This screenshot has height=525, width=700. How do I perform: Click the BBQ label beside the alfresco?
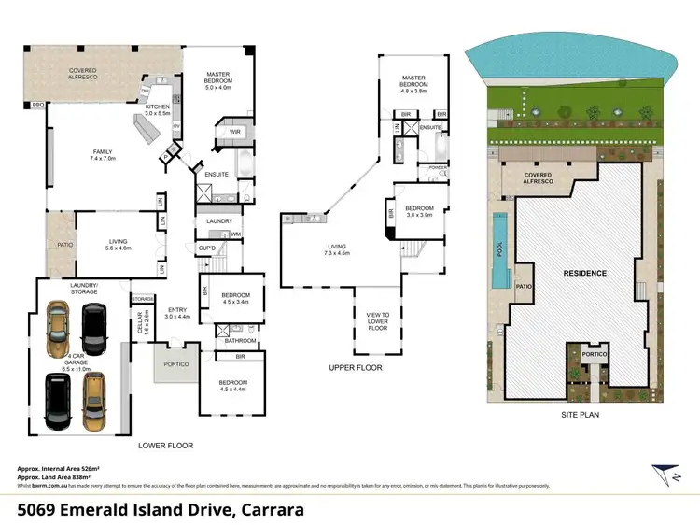point(37,105)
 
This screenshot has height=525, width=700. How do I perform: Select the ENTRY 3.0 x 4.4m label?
point(176,313)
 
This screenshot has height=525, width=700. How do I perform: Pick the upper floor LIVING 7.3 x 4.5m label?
point(336,249)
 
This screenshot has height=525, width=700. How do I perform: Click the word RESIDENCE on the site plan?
point(584,273)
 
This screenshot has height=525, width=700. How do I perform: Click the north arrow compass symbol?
point(664,475)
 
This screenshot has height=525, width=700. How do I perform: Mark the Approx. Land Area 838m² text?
point(59,476)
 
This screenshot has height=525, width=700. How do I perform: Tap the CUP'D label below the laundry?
point(207,247)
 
